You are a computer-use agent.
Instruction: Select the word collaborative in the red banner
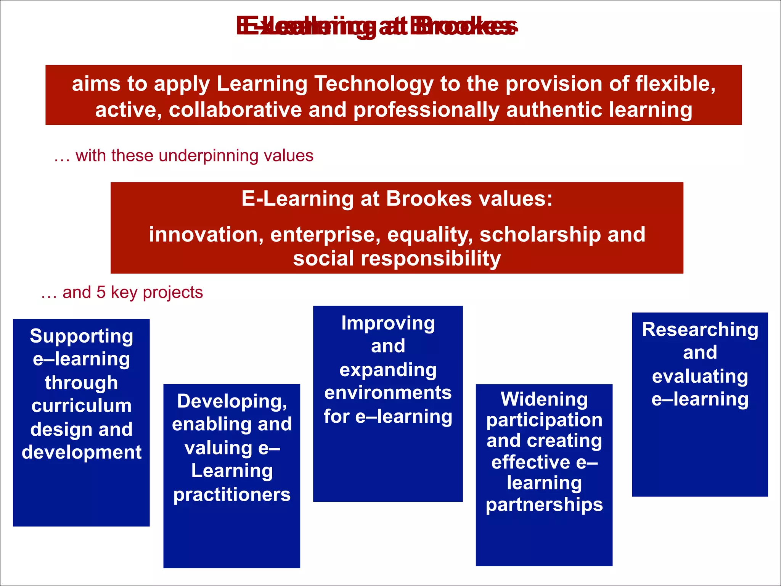(x=235, y=110)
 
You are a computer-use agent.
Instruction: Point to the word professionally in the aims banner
(x=426, y=110)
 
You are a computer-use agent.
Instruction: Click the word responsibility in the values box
(x=431, y=259)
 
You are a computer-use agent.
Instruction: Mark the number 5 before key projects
(x=101, y=293)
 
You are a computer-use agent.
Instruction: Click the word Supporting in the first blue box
(x=81, y=336)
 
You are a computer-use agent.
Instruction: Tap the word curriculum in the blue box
(x=81, y=406)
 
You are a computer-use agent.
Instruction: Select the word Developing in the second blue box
(x=232, y=401)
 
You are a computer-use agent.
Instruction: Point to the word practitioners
(x=232, y=494)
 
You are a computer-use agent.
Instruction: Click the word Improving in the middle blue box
(x=388, y=324)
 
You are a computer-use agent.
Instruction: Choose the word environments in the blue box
(x=388, y=393)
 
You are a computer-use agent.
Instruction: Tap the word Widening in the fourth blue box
(x=544, y=399)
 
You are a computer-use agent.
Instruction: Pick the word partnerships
(x=544, y=505)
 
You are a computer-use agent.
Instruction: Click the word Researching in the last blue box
(x=700, y=330)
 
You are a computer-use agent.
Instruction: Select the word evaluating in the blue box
(x=700, y=377)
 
